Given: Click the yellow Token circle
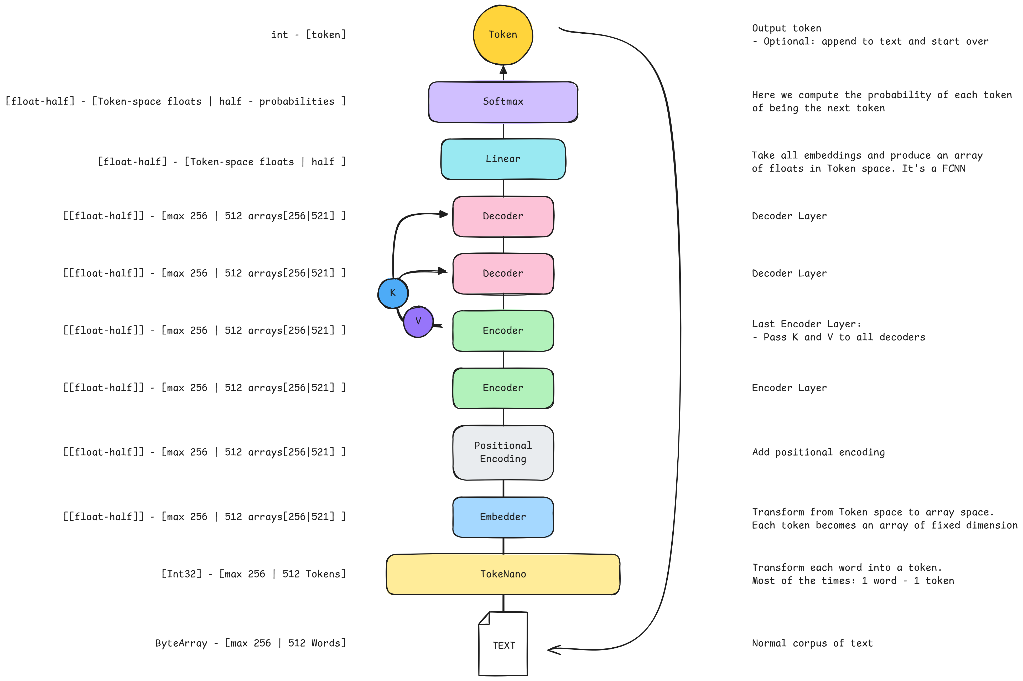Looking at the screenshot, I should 502,35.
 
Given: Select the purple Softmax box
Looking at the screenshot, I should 503,102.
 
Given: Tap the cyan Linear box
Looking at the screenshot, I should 503,159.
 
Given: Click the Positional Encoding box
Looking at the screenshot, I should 503,452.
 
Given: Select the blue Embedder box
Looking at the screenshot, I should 503,517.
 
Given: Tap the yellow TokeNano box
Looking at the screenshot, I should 503,574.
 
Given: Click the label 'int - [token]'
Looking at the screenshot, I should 308,35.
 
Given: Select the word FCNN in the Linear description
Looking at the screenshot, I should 953,168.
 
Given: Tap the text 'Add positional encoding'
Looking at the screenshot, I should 818,452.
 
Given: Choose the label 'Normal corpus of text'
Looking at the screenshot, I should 812,643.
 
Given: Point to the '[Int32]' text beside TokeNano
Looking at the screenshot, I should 181,574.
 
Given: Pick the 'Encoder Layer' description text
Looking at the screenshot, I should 789,388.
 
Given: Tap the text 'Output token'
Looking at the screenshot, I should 786,28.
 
